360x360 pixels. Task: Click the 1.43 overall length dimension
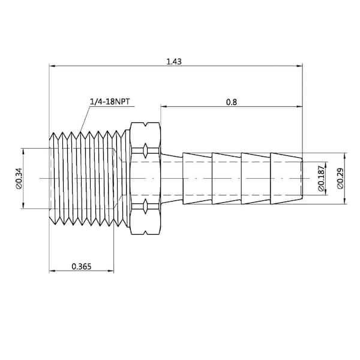pyautogui.click(x=174, y=62)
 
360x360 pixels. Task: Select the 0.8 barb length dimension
pyautogui.click(x=232, y=102)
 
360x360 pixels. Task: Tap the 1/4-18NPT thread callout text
pyautogui.click(x=110, y=101)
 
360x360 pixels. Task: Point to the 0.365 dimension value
pyautogui.click(x=82, y=266)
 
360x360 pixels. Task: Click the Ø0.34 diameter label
pyautogui.click(x=19, y=179)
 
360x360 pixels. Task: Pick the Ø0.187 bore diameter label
pyautogui.click(x=322, y=178)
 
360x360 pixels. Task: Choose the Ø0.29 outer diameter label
pyautogui.click(x=340, y=179)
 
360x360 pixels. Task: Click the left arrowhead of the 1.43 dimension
pyautogui.click(x=52, y=66)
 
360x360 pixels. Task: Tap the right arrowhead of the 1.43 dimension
pyautogui.click(x=299, y=66)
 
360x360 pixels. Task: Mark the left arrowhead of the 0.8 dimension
pyautogui.click(x=164, y=106)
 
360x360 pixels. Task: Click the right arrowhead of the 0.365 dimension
pyautogui.click(x=111, y=271)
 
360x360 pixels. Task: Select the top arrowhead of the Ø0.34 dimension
pyautogui.click(x=23, y=152)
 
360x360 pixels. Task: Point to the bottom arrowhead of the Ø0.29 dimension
pyautogui.click(x=344, y=201)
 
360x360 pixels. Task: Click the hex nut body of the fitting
pyautogui.click(x=145, y=178)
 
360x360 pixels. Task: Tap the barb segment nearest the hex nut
pyautogui.click(x=197, y=178)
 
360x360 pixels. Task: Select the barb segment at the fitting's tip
pyautogui.click(x=286, y=178)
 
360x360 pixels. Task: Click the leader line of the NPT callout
pyautogui.click(x=85, y=119)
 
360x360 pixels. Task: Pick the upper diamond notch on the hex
pyautogui.click(x=145, y=151)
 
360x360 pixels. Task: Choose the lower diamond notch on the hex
pyautogui.click(x=145, y=206)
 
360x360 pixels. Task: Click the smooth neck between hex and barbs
pyautogui.click(x=172, y=178)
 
